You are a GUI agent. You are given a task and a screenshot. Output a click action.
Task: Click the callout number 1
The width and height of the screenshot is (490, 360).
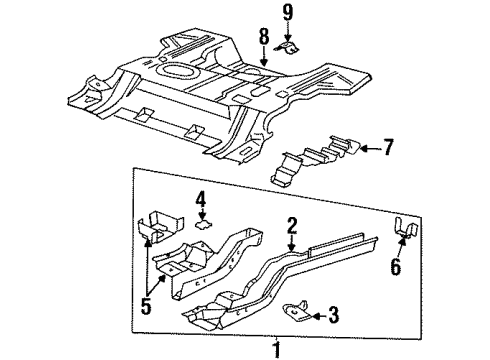277,349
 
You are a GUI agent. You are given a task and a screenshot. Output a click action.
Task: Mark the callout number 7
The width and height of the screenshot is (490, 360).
388,148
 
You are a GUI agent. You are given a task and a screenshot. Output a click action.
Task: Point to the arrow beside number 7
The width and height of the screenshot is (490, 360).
366,148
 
